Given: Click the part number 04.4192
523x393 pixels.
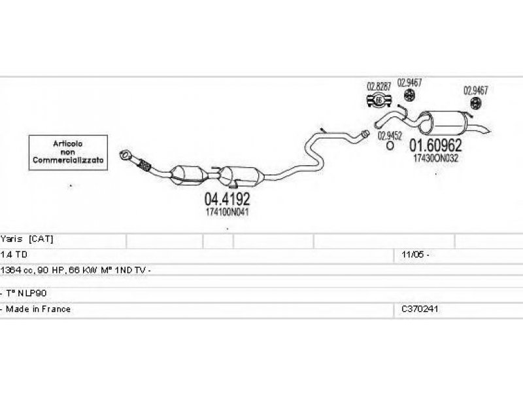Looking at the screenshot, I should click(227, 198).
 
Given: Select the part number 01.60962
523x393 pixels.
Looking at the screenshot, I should click(435, 145).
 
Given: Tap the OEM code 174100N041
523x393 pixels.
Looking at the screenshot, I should click(227, 212).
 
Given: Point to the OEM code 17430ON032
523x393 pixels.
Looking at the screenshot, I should click(435, 158).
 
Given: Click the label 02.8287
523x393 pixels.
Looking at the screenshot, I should click(379, 86).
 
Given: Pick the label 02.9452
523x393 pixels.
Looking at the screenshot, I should click(390, 136).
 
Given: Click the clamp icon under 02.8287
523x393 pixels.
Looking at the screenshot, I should click(379, 100).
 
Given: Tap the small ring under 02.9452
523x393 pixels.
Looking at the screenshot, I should click(390, 146).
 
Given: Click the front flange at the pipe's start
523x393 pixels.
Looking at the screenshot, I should click(126, 156).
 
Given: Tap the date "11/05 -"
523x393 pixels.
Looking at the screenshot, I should click(415, 254).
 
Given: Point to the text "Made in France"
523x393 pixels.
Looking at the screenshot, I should click(38, 309).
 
